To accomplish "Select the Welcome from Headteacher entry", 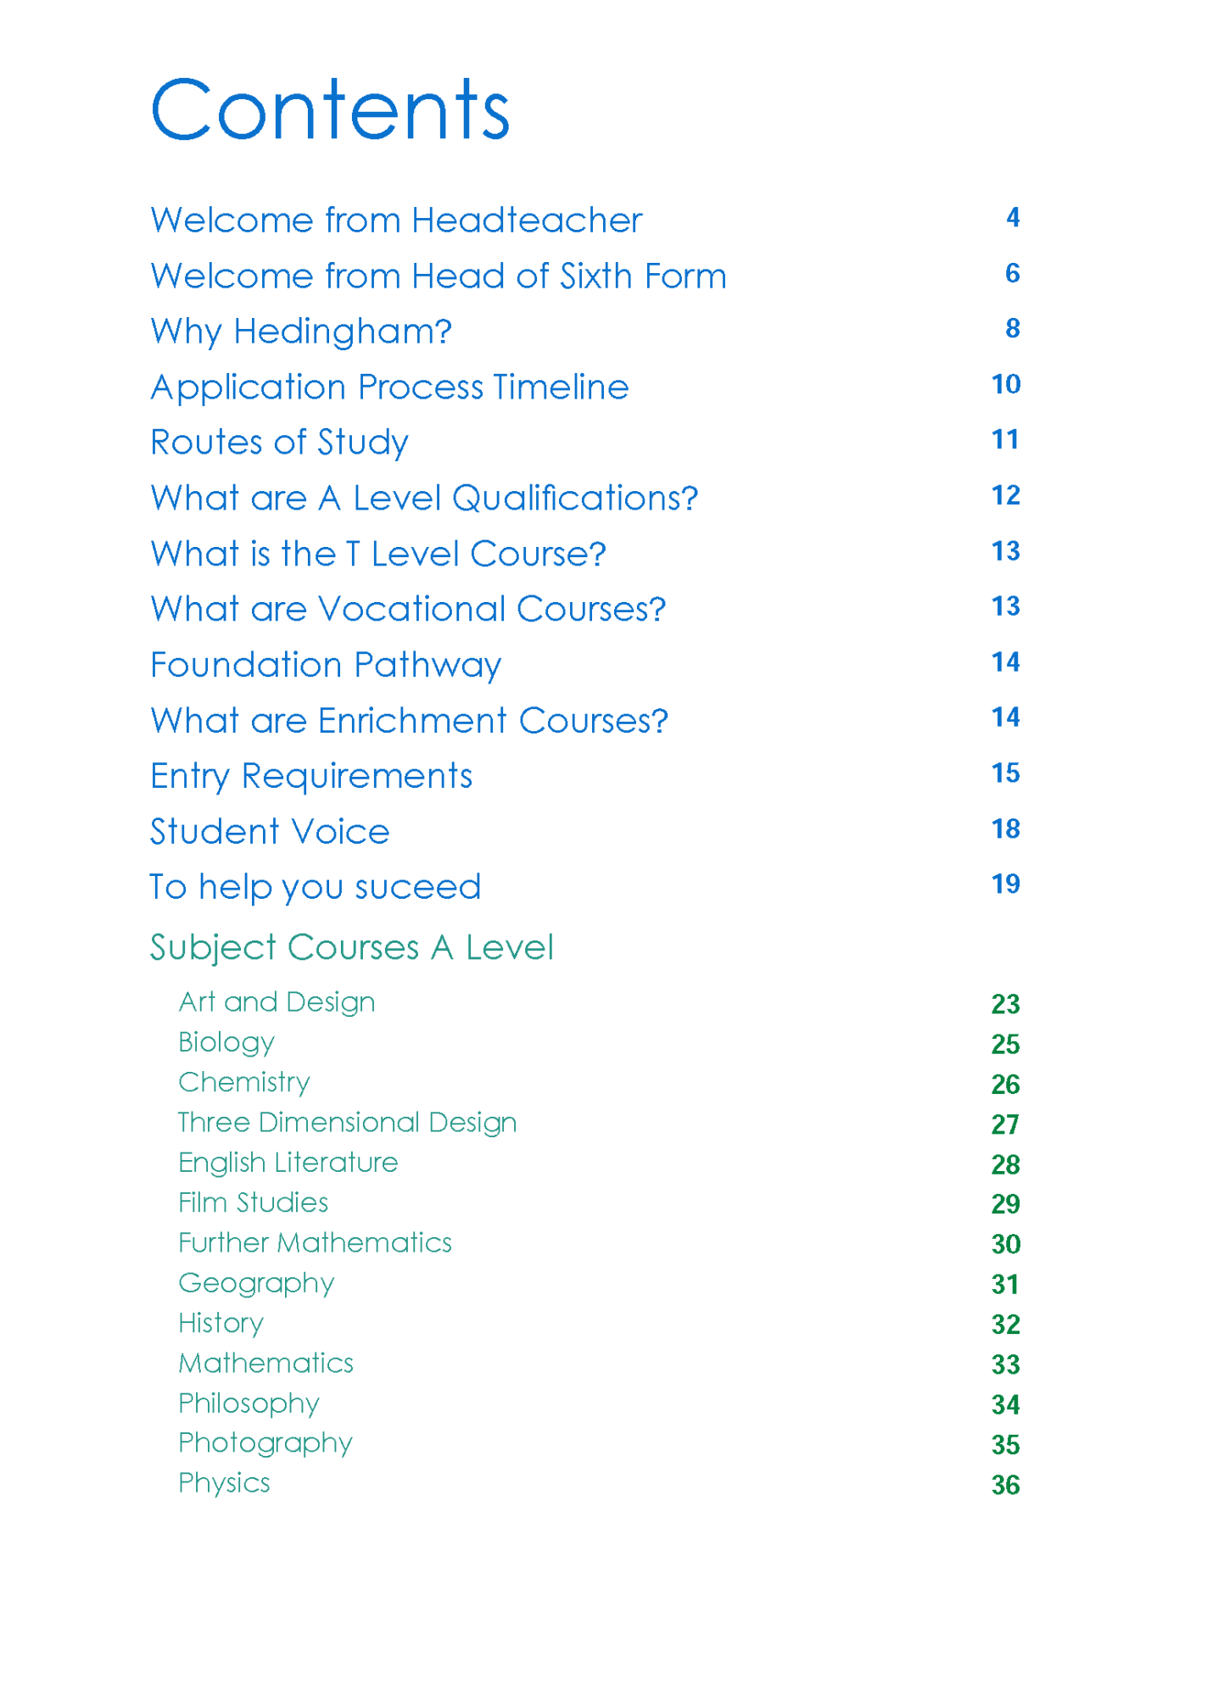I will click(x=396, y=220).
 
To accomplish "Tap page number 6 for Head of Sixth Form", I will click(x=1012, y=273).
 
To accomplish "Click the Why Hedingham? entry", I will click(x=301, y=332).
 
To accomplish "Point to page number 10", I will click(x=1006, y=384).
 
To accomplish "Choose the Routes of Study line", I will click(x=279, y=443).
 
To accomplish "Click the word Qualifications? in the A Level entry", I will click(x=575, y=499).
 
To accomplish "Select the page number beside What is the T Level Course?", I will click(x=1006, y=551).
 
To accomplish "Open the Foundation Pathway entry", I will click(x=326, y=665).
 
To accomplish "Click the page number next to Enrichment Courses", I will click(x=1006, y=717).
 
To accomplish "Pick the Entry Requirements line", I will click(x=311, y=776).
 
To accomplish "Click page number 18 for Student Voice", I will click(x=1006, y=828).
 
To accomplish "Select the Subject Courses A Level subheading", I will click(x=352, y=947).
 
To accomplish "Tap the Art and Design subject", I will click(x=277, y=1002).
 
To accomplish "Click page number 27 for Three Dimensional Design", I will click(x=1005, y=1124).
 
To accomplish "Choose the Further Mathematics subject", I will click(x=315, y=1243).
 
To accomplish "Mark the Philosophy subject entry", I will click(x=249, y=1403).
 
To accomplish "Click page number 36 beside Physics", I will click(x=1005, y=1485).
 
